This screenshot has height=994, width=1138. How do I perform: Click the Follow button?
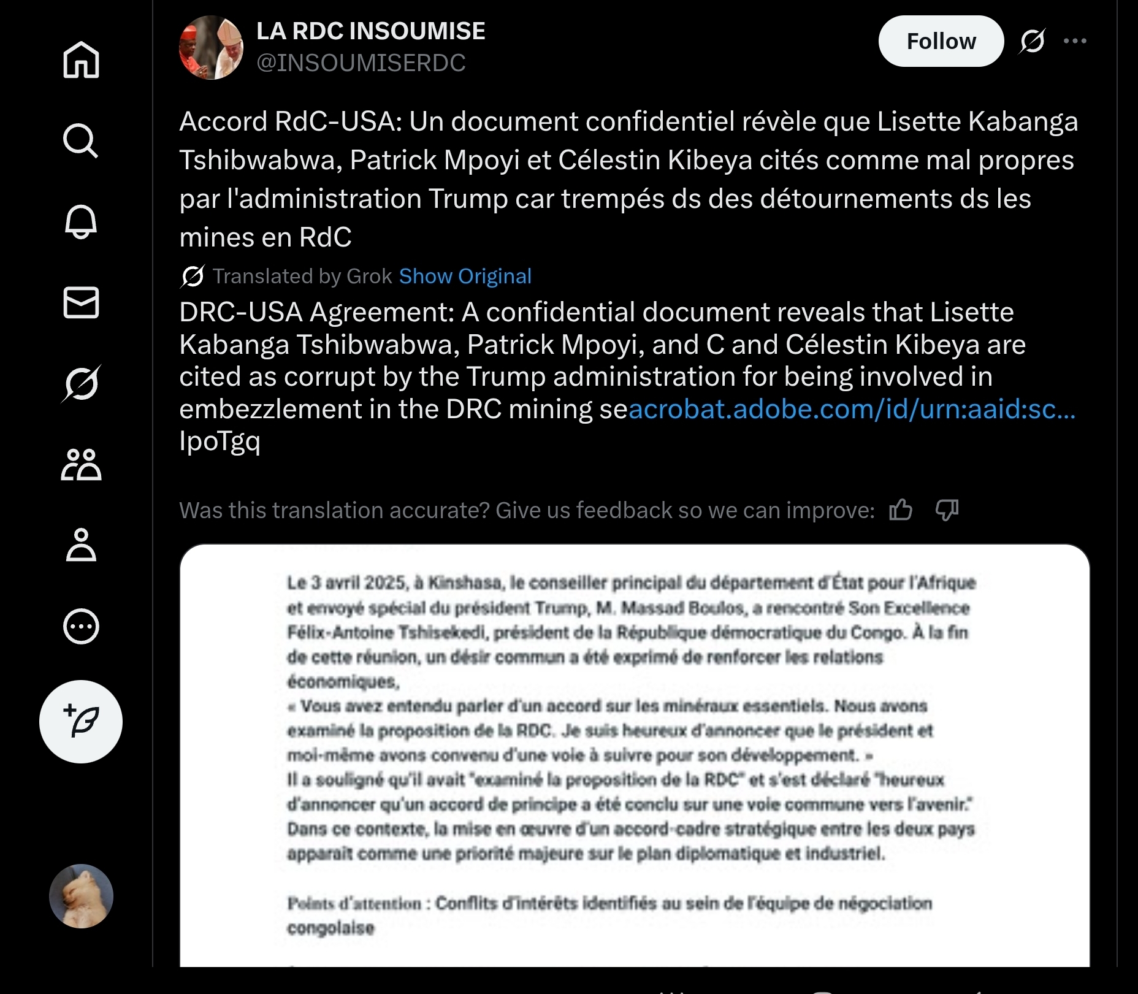(x=941, y=41)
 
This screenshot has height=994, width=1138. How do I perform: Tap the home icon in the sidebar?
(x=81, y=59)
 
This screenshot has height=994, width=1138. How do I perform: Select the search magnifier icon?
(x=81, y=140)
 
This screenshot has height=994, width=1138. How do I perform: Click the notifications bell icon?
(x=81, y=221)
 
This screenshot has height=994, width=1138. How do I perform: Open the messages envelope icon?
(x=81, y=302)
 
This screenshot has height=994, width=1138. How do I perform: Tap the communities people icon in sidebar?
(x=81, y=464)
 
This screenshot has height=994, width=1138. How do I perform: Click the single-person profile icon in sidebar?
(x=81, y=545)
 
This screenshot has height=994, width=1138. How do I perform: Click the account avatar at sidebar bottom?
(x=81, y=896)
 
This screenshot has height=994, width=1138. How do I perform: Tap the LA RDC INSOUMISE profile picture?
(x=211, y=47)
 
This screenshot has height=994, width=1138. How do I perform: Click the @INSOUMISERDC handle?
(x=361, y=63)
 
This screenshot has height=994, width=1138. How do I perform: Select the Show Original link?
(x=465, y=277)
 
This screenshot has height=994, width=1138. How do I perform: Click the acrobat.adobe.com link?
(x=852, y=409)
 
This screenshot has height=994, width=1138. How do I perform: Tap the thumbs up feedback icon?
(x=901, y=510)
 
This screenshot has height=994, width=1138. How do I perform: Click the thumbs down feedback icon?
(x=947, y=510)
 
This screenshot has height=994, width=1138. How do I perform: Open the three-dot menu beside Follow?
(x=1075, y=41)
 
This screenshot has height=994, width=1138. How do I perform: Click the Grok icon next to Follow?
(x=1033, y=41)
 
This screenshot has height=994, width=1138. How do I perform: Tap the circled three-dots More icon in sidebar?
(x=81, y=626)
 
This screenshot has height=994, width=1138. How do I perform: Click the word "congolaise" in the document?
(x=330, y=928)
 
